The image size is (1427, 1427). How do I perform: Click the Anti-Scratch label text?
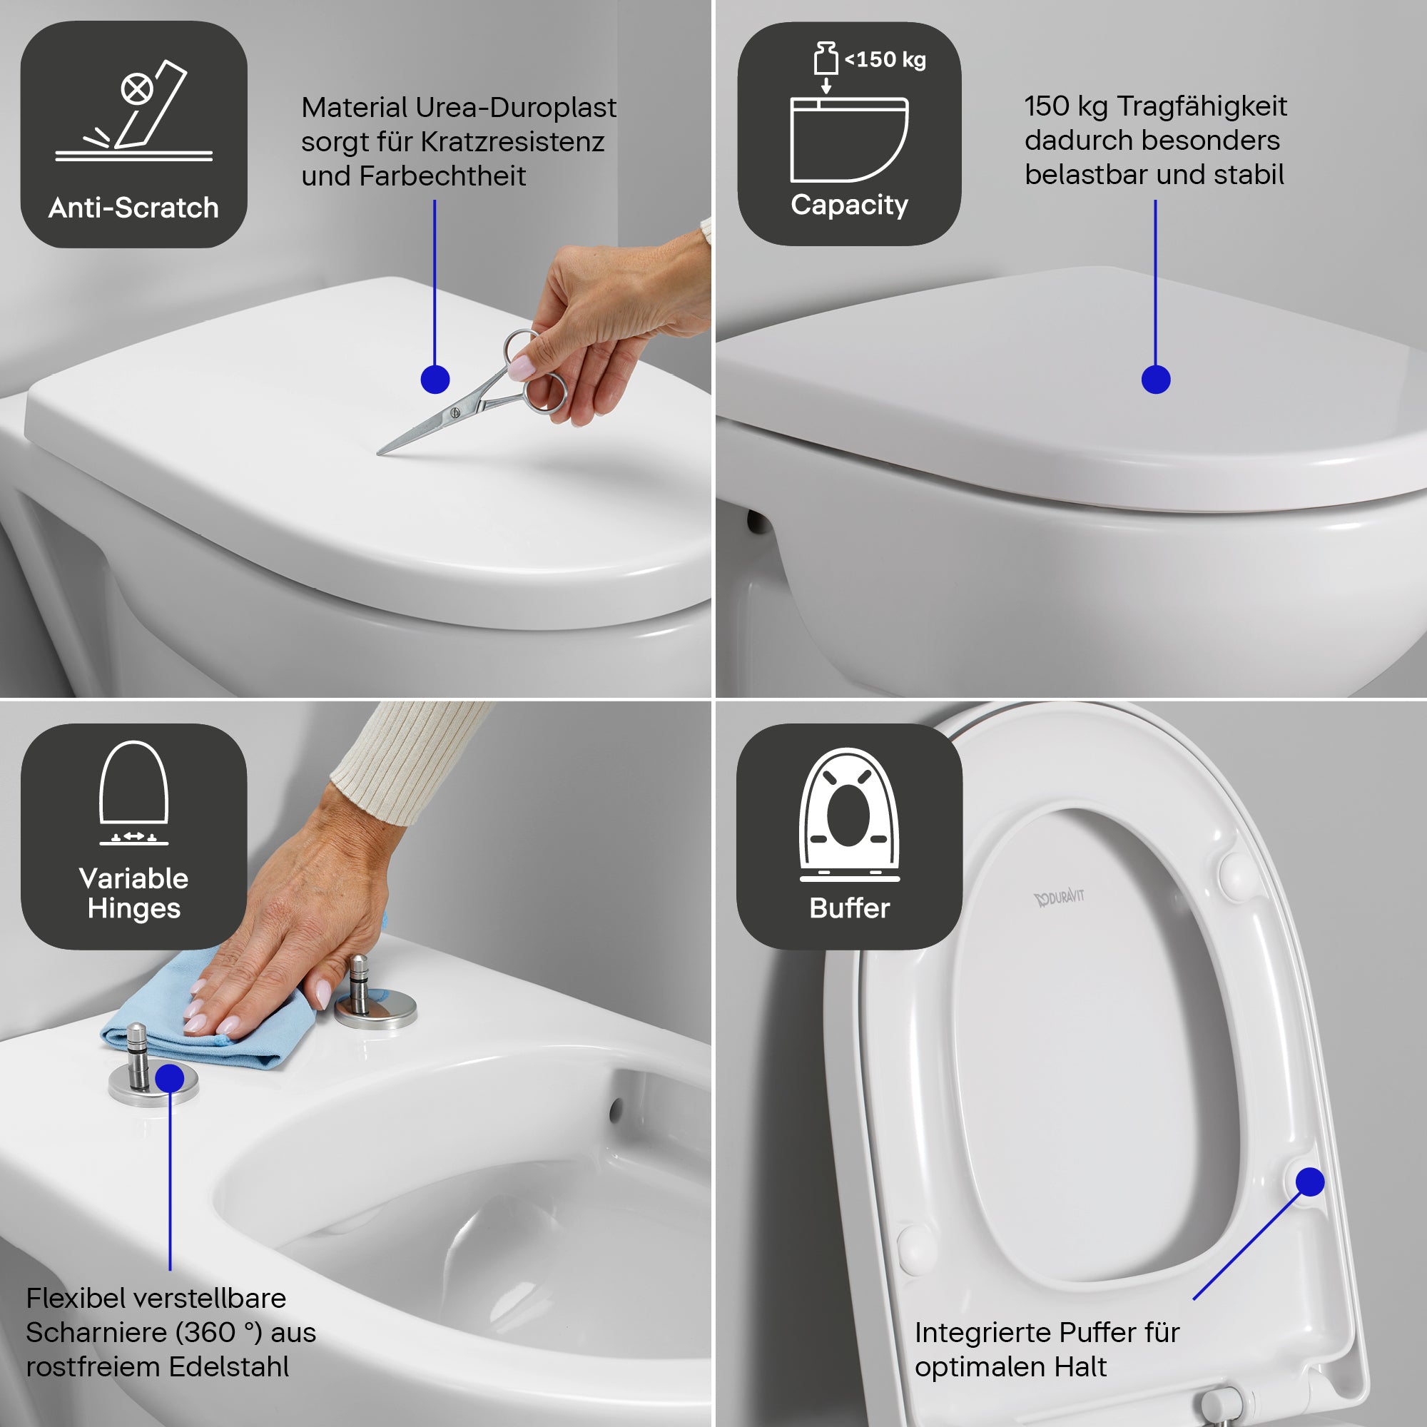(133, 208)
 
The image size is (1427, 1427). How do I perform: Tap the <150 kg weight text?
(885, 60)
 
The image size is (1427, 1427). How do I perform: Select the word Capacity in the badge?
(849, 205)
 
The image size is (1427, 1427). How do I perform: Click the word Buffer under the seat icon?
(849, 908)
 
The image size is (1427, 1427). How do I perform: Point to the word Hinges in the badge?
(133, 908)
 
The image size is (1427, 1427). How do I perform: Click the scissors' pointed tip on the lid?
(380, 453)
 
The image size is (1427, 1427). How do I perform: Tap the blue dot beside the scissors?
(435, 380)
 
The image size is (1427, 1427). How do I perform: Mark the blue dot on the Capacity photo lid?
(1156, 380)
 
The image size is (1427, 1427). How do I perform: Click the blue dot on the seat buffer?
(1309, 1182)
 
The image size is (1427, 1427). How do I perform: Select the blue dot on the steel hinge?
(170, 1078)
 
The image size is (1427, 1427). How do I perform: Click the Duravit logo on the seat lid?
(1058, 898)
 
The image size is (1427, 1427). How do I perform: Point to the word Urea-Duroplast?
(516, 108)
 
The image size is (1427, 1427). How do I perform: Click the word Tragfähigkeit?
(1202, 106)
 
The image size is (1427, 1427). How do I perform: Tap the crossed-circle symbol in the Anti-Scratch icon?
(138, 89)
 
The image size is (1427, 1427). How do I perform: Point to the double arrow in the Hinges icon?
(133, 836)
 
